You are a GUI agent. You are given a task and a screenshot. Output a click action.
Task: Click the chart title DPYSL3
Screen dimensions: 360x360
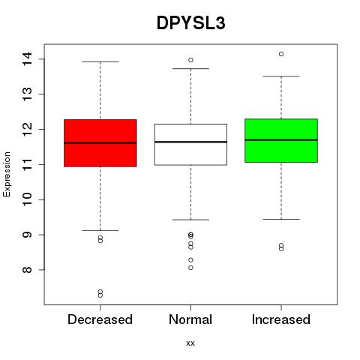coord(191,23)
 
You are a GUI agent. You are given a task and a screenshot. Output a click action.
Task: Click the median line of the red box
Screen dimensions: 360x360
coord(100,143)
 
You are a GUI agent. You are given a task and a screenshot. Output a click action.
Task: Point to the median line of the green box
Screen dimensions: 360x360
coord(281,140)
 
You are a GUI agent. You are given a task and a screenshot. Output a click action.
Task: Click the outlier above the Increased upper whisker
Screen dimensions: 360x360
coord(281,54)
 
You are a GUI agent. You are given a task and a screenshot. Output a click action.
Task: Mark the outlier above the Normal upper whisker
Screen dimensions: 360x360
coord(190,60)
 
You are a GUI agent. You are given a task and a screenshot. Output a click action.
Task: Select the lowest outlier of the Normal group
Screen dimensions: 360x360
coord(190,268)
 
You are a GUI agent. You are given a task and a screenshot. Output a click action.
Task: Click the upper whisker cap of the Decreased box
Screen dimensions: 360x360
coord(100,61)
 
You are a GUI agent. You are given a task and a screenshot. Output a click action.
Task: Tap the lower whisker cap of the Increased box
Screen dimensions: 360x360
coord(281,219)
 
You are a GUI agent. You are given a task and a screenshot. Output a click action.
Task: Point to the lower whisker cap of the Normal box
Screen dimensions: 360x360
coord(190,220)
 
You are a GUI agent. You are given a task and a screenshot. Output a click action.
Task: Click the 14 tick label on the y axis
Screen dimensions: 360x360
coord(27,59)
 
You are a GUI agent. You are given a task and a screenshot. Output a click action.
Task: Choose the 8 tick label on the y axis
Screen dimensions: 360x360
coord(27,270)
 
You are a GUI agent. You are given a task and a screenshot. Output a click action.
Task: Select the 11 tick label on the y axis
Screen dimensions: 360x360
coord(27,164)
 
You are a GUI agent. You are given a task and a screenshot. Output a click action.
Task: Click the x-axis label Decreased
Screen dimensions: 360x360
coord(100,319)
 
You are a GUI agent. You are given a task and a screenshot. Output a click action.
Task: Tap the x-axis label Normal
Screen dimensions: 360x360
coord(190,319)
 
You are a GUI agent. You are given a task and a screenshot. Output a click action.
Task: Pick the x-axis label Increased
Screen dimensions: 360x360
coord(281,319)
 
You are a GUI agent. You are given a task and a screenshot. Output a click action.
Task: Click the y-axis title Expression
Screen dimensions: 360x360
coord(7,174)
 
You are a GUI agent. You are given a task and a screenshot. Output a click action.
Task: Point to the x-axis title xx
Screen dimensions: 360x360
coord(190,343)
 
